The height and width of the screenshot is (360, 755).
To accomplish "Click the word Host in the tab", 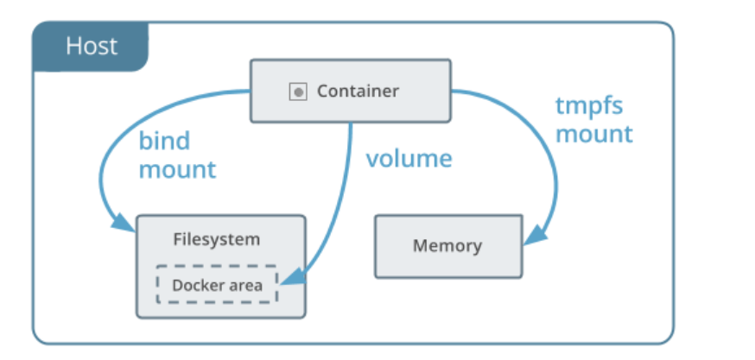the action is pyautogui.click(x=92, y=47).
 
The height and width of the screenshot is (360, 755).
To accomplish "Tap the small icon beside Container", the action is pyautogui.click(x=298, y=92).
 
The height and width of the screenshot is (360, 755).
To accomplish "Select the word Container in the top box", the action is pyautogui.click(x=358, y=91).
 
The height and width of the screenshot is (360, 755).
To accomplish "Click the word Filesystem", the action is pyautogui.click(x=217, y=239).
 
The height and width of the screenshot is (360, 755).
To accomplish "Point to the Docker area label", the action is pyautogui.click(x=217, y=286).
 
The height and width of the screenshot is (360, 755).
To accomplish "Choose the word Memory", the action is pyautogui.click(x=447, y=245).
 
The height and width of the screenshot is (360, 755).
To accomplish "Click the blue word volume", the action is pyautogui.click(x=409, y=158).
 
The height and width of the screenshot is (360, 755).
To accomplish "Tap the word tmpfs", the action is pyautogui.click(x=589, y=107).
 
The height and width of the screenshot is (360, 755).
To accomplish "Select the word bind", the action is pyautogui.click(x=165, y=141).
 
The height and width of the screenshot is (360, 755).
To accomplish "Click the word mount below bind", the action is pyautogui.click(x=178, y=170).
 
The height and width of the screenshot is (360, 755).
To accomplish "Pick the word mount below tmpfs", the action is pyautogui.click(x=594, y=135).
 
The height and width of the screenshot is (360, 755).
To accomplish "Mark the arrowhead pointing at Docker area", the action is pyautogui.click(x=292, y=277).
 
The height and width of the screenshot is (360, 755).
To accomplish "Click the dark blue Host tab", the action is pyautogui.click(x=91, y=47).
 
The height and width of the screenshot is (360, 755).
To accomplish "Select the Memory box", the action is pyautogui.click(x=448, y=246).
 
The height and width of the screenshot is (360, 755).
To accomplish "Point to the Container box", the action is pyautogui.click(x=351, y=91).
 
